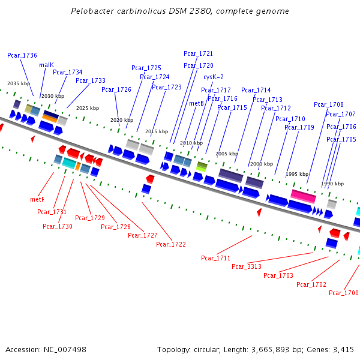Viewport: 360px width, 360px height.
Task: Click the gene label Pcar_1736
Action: [x=22, y=55]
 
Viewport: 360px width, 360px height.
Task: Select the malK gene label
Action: [x=46, y=65]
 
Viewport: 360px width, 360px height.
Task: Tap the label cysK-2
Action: [x=214, y=77]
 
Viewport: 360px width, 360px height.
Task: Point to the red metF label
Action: [x=37, y=199]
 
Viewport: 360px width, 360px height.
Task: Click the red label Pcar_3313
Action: [x=247, y=266]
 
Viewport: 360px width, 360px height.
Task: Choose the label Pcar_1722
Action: [x=171, y=244]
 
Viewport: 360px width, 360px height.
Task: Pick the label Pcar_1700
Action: [x=344, y=293]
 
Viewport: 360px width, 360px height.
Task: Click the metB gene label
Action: [x=197, y=103]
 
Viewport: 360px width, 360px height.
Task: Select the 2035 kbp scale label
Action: [x=18, y=84]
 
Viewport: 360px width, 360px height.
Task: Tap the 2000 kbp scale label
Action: [x=261, y=164]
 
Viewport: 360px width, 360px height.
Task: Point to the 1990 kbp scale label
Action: [x=332, y=184]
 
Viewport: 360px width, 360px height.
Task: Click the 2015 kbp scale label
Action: [x=156, y=131]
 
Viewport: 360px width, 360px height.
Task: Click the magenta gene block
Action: [x=303, y=196]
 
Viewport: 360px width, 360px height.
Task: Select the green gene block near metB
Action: [x=202, y=166]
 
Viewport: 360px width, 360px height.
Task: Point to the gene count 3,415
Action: [x=343, y=349]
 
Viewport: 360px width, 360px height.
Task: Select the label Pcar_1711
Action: [x=216, y=258]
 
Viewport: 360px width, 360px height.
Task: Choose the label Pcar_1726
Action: [x=116, y=89]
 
